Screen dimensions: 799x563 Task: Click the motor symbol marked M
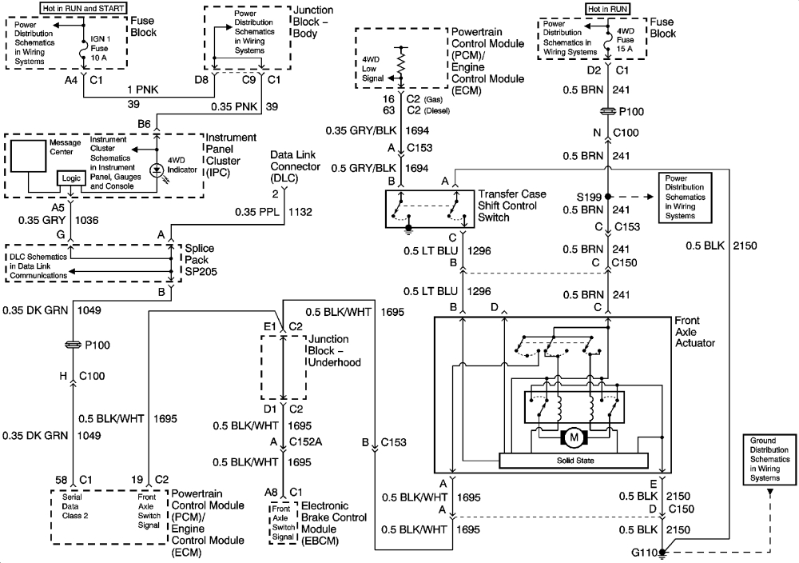574,437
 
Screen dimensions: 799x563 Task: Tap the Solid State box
574,461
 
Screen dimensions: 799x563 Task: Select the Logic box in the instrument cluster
71,178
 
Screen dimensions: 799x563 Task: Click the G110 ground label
643,553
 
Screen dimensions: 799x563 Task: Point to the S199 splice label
589,197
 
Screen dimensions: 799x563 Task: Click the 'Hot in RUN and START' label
84,8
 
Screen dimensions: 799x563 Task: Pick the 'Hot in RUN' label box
608,9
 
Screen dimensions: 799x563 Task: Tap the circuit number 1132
300,212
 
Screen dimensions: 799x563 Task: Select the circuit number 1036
86,220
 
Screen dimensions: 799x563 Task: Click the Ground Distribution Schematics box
769,460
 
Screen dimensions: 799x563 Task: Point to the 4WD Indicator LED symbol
157,171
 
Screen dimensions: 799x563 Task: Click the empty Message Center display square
28,156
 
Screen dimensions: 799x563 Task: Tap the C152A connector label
306,441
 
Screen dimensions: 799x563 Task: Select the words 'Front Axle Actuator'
694,332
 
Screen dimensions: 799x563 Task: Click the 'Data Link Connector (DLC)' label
296,166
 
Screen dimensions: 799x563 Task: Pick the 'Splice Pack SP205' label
201,260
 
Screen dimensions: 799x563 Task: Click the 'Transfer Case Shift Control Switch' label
511,206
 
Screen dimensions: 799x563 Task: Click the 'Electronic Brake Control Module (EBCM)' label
334,523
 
